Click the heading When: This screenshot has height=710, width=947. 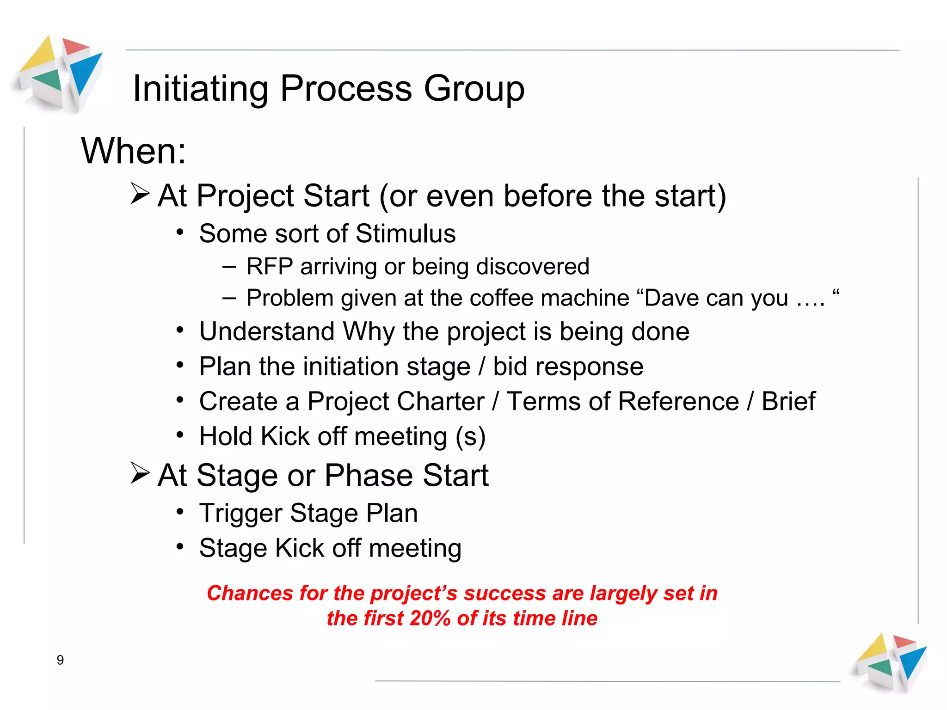134,151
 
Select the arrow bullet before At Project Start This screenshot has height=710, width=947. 140,194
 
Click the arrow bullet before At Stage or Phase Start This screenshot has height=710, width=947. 140,473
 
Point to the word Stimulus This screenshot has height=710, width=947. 406,233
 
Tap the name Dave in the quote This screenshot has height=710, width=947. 672,298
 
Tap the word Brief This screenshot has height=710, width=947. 788,401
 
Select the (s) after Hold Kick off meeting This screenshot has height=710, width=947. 470,436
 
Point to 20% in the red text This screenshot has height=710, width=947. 430,618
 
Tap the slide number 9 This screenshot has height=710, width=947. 60,660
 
